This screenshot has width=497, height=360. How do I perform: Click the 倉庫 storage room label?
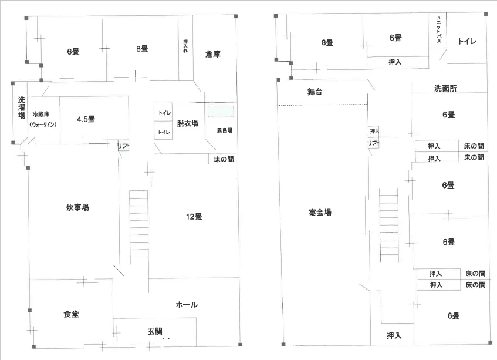pyautogui.click(x=212, y=54)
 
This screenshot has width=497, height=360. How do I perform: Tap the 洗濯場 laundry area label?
pyautogui.click(x=21, y=107)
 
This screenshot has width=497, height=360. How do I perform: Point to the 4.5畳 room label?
pyautogui.click(x=86, y=119)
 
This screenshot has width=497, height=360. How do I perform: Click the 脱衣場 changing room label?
pyautogui.click(x=187, y=123)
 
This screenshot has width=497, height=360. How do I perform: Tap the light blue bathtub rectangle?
pyautogui.click(x=221, y=112)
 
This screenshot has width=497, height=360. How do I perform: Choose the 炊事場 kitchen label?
pyautogui.click(x=77, y=207)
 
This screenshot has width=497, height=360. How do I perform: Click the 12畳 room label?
pyautogui.click(x=194, y=217)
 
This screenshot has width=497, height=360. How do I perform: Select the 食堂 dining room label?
pyautogui.click(x=71, y=314)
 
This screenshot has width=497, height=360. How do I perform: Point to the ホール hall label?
pyautogui.click(x=187, y=305)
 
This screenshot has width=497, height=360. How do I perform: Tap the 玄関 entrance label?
pyautogui.click(x=155, y=331)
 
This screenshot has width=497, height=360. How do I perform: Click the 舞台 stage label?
pyautogui.click(x=315, y=92)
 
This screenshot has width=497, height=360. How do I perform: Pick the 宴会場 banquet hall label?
pyautogui.click(x=320, y=212)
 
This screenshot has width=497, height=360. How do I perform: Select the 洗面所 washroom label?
pyautogui.click(x=445, y=88)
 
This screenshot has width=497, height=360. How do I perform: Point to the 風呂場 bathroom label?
pyautogui.click(x=225, y=130)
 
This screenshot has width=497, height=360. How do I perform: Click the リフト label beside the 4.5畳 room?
pyautogui.click(x=123, y=146)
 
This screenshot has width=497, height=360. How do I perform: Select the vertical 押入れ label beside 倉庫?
pyautogui.click(x=185, y=46)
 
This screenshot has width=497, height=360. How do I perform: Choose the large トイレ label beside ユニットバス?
pyautogui.click(x=467, y=41)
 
